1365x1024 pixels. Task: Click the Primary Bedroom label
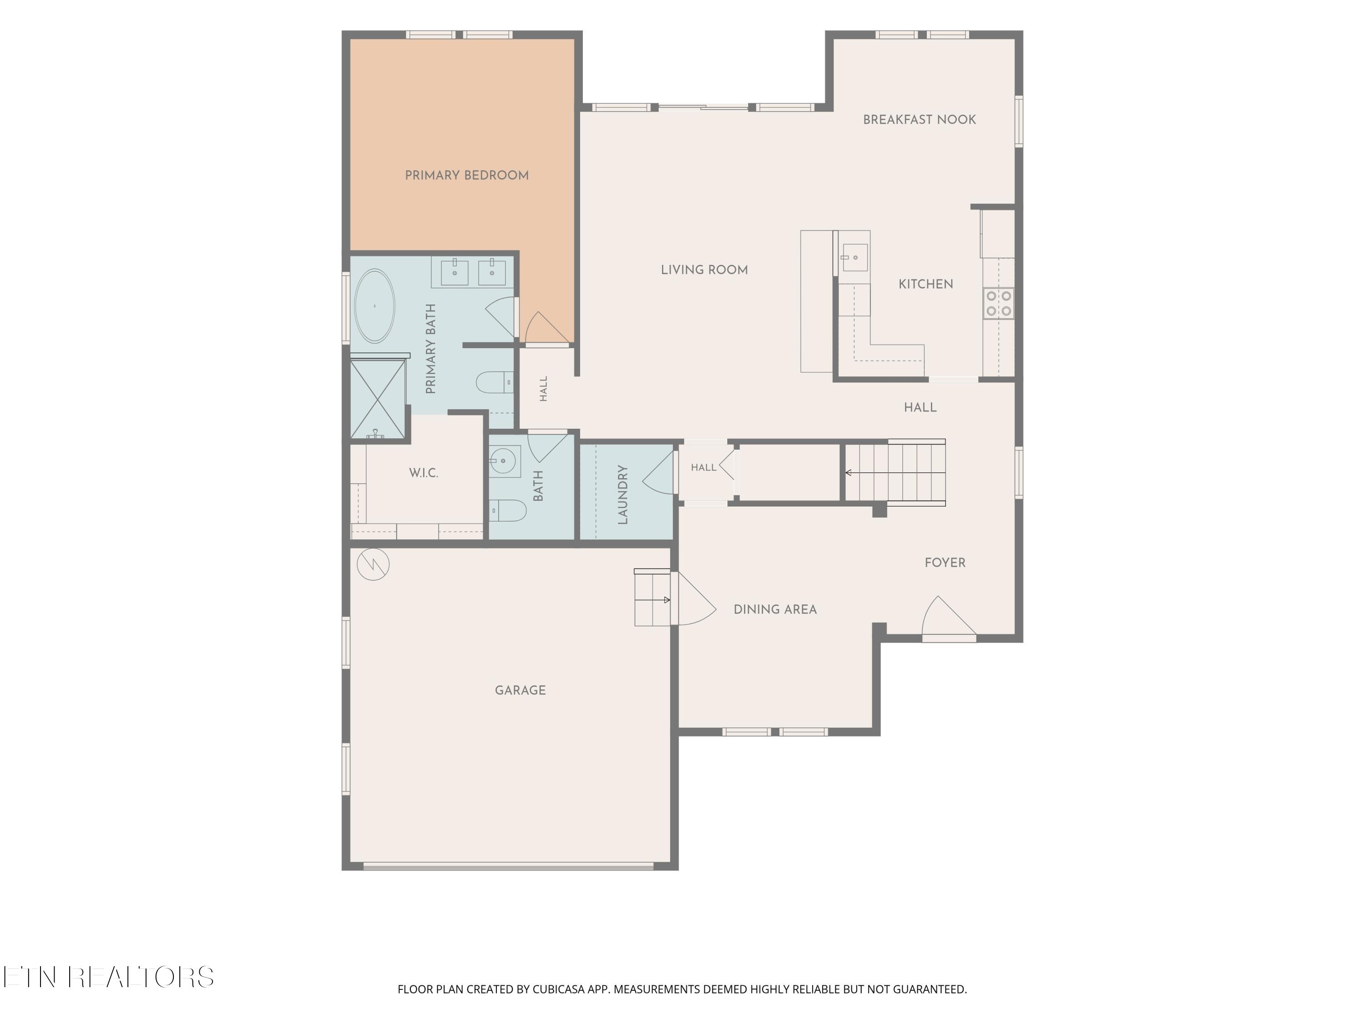(466, 175)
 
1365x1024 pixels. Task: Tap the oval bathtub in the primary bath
(374, 306)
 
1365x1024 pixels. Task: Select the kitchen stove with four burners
(998, 304)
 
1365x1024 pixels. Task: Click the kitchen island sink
(854, 258)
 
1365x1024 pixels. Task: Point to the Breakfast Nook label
(920, 120)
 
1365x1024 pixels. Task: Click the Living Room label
(704, 270)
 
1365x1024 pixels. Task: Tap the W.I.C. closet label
(423, 473)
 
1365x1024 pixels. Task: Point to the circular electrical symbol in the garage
(373, 564)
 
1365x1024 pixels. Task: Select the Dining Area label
(775, 609)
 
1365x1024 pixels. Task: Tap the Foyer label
(945, 563)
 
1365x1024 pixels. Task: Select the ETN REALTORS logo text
(109, 977)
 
